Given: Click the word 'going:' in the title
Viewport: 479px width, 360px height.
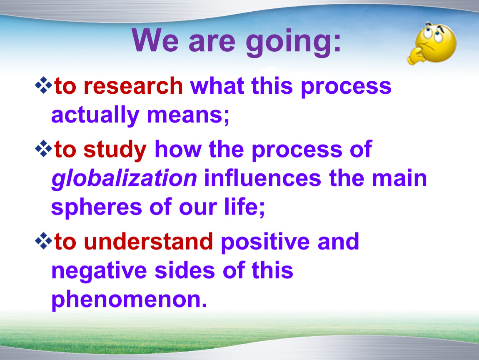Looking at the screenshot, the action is [293, 42].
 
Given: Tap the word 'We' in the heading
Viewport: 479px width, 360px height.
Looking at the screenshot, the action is [155, 40].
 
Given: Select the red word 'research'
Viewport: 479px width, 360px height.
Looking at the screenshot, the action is [133, 86].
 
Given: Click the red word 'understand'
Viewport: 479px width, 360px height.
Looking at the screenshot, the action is [148, 241].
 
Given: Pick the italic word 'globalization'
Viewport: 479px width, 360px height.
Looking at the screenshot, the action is [124, 179].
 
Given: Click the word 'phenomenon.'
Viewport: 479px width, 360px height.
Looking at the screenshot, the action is [129, 300].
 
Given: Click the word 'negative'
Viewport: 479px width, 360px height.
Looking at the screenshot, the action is [99, 271].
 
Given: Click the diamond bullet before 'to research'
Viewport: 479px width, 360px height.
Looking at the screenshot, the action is [43, 85].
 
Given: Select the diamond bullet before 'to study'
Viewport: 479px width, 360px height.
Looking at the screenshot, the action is [43, 149].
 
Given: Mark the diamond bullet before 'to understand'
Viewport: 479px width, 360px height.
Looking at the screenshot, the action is [43, 241].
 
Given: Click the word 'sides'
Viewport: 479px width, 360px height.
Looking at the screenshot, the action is [185, 270].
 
